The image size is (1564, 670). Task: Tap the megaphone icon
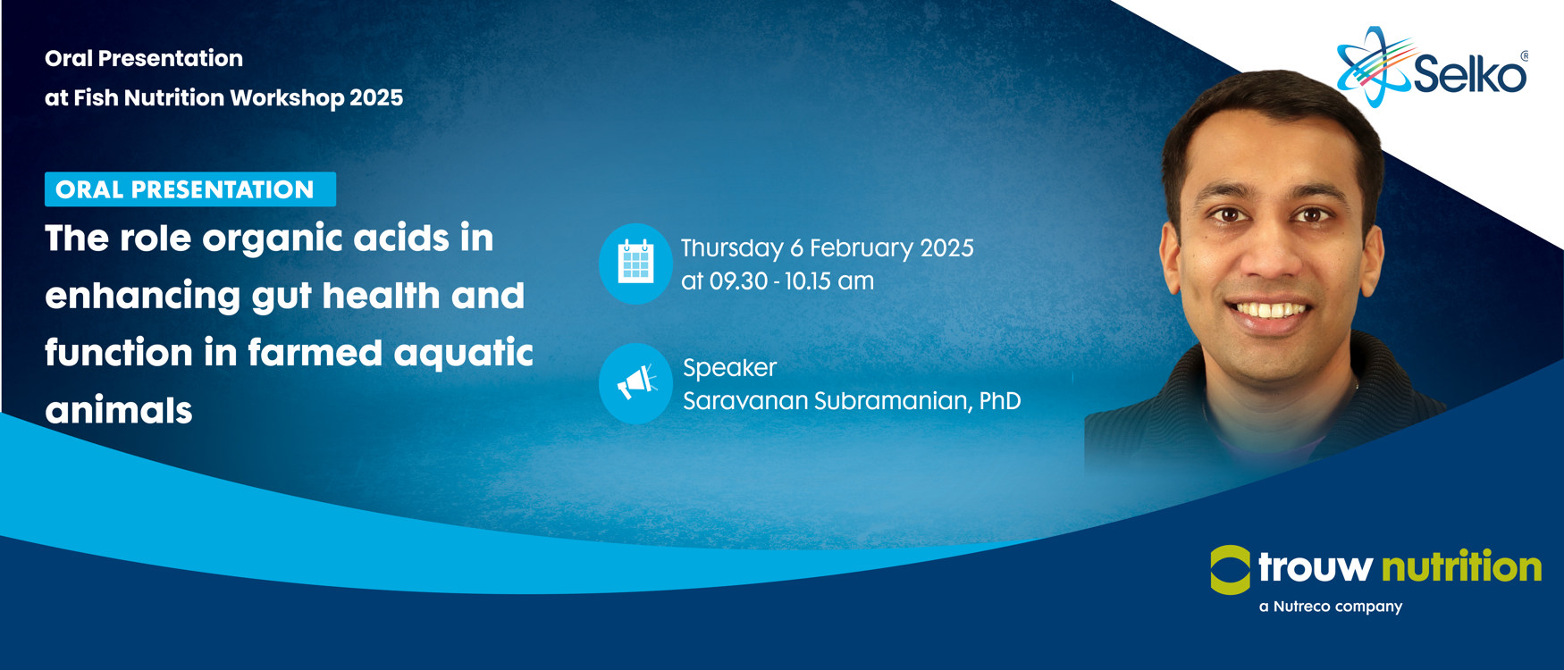[x=635, y=383]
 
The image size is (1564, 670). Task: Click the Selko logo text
[x=1470, y=73]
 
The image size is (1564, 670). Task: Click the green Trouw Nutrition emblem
[x=1231, y=569]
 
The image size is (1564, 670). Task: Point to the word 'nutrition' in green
[x=1461, y=566]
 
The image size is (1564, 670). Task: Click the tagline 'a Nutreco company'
[x=1331, y=607]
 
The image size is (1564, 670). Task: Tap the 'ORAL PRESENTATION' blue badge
[x=190, y=189]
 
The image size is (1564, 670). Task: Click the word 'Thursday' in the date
[x=732, y=248]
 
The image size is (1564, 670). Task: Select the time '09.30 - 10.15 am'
[x=792, y=281]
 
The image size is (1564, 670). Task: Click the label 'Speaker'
[x=729, y=368]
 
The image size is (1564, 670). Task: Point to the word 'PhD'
[x=1000, y=400]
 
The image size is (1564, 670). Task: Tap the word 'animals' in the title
[x=119, y=410]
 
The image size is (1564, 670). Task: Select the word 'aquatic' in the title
[x=464, y=354]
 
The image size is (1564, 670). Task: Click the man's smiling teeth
[x=1270, y=310]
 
